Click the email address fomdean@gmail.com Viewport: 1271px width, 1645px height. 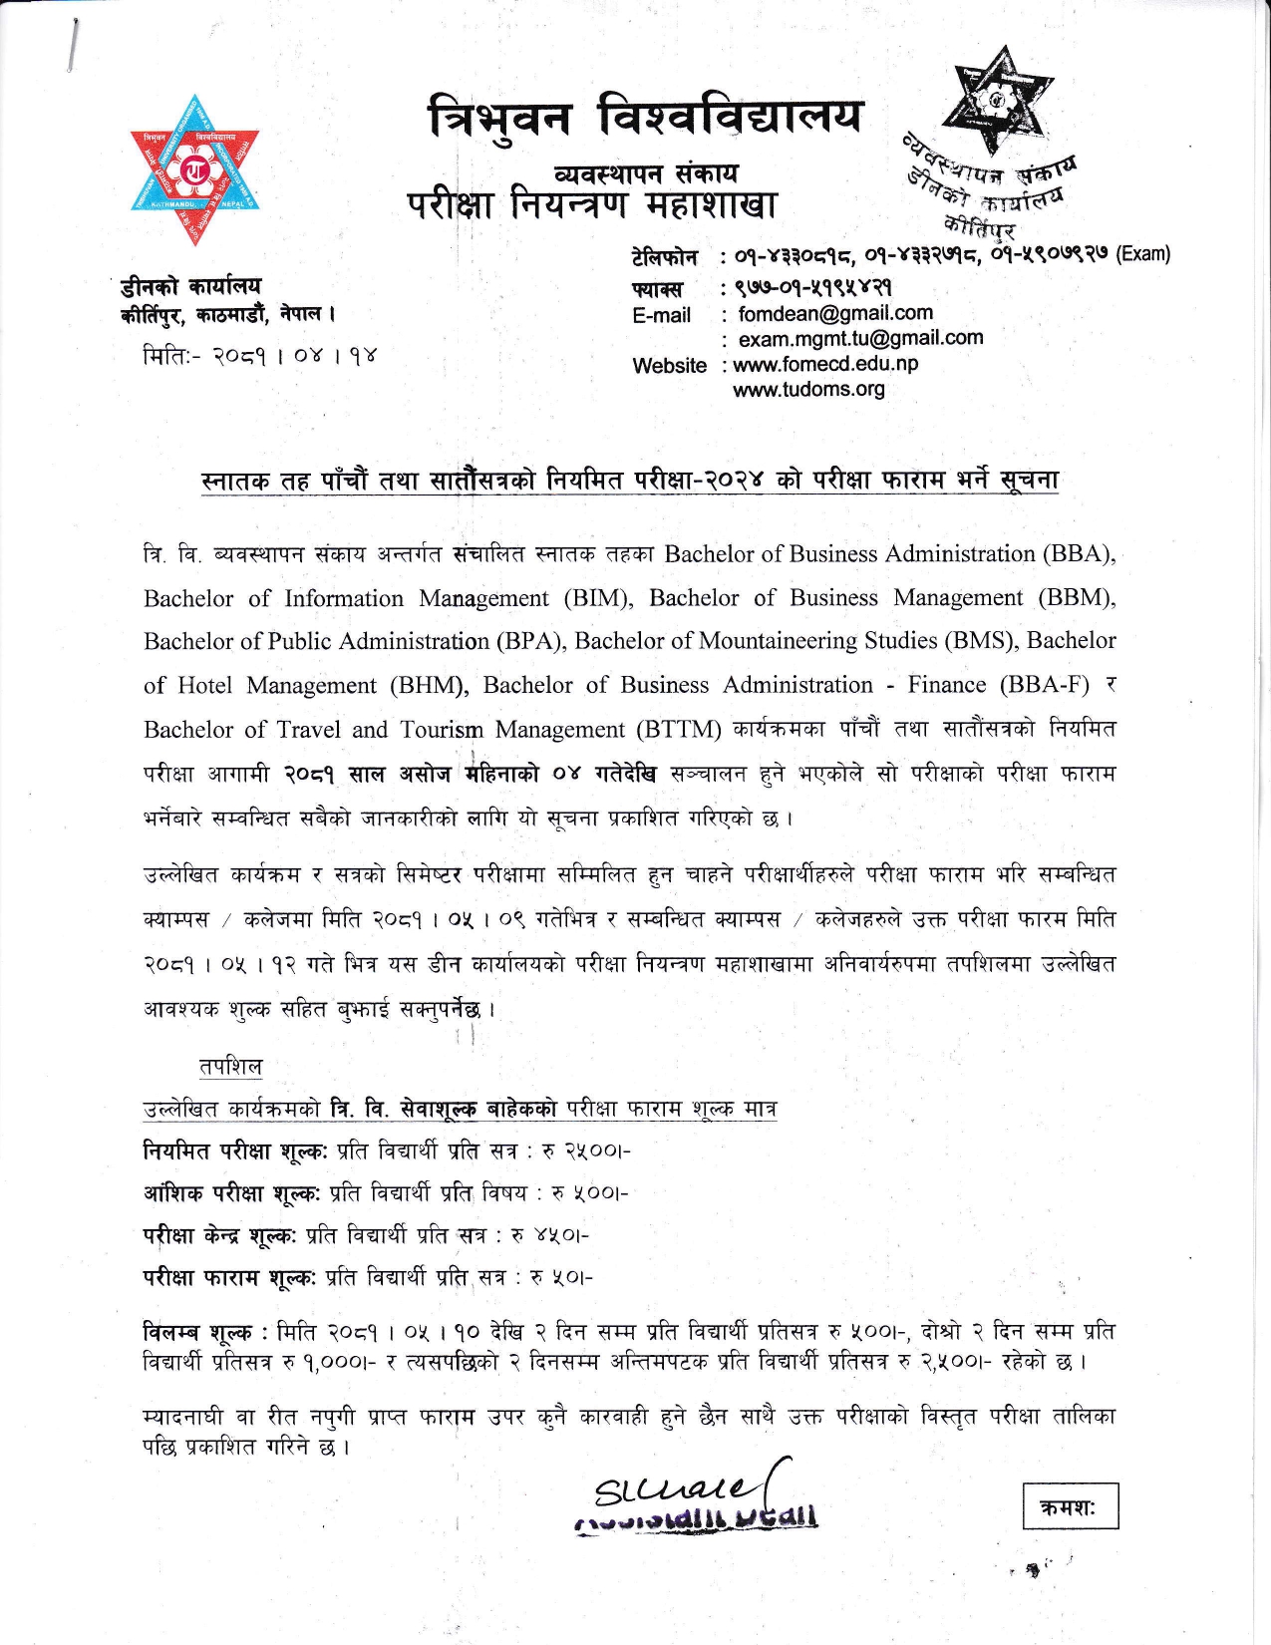click(x=835, y=314)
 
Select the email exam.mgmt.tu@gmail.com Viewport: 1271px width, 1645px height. click(x=860, y=339)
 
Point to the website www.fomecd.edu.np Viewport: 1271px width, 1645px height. click(x=825, y=364)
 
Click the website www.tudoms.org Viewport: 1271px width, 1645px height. click(x=808, y=389)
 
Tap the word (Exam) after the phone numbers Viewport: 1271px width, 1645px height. click(x=1142, y=253)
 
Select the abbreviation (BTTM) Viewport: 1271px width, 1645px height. click(x=679, y=730)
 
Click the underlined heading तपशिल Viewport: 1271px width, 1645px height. click(x=230, y=1066)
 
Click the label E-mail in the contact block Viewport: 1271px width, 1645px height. click(x=661, y=315)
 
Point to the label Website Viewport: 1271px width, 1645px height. click(x=669, y=365)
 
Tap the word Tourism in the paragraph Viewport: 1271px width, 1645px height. click(x=442, y=730)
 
